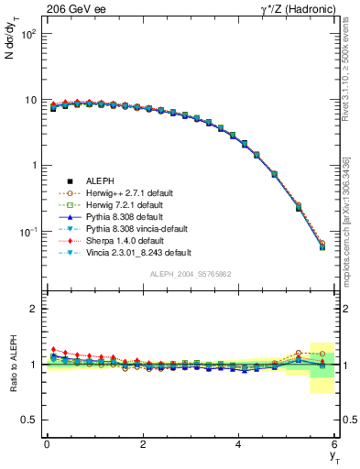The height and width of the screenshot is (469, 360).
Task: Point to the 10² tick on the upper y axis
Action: pos(27,34)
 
